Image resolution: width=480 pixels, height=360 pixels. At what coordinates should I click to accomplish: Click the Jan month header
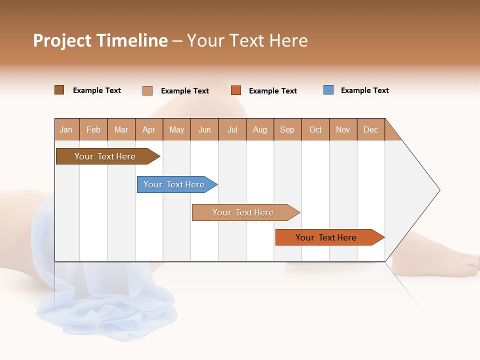pos(66,129)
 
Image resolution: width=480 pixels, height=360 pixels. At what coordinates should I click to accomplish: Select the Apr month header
pos(149,129)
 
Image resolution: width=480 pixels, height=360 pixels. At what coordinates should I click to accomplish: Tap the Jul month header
pos(232,129)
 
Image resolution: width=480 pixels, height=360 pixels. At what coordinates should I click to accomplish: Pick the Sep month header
pos(287,129)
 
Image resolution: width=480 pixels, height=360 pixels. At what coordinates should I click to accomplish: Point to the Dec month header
pos(370,129)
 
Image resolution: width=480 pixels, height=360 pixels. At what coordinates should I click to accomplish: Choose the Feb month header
pos(93,129)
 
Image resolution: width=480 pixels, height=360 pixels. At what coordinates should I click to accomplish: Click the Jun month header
pos(204,129)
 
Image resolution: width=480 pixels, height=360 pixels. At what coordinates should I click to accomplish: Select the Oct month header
pos(315,129)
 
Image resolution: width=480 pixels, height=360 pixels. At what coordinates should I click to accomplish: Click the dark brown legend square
pos(59,90)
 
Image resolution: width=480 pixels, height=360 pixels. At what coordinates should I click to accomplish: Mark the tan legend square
pos(147,90)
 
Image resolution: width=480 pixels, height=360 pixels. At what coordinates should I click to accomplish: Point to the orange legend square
pos(236,90)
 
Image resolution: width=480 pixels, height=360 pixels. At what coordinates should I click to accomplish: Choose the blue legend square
pos(328,90)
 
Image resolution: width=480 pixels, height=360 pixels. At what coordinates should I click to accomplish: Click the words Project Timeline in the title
pos(100,40)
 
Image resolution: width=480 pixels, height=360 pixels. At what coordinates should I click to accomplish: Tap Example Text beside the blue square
pos(364,90)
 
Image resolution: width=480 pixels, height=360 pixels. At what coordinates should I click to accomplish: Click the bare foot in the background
pos(440,262)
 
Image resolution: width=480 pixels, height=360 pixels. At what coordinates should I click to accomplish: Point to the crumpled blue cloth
pos(110,305)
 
